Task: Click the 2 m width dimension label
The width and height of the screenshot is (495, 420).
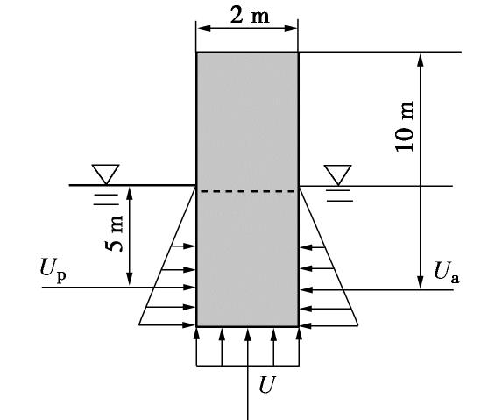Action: tap(250, 16)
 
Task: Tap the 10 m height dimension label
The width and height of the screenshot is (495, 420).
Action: tap(404, 126)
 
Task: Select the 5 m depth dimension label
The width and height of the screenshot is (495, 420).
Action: tap(114, 233)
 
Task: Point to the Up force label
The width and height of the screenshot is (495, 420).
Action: tap(53, 271)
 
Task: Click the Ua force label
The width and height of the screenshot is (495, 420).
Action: tap(447, 272)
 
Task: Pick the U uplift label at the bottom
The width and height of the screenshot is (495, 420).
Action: tap(267, 385)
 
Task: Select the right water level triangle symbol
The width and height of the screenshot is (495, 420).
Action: tap(338, 174)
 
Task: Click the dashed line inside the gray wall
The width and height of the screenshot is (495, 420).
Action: tap(248, 191)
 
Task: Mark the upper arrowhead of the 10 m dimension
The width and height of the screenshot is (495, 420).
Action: tap(421, 60)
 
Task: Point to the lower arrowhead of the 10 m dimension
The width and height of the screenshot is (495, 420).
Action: tap(421, 281)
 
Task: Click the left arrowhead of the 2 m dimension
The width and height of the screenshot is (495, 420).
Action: tap(204, 28)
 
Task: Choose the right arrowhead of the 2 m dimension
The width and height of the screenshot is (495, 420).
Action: tap(291, 28)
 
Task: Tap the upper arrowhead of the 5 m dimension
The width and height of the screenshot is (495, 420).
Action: tap(130, 193)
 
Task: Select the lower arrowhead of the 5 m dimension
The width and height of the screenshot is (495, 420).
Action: tap(130, 279)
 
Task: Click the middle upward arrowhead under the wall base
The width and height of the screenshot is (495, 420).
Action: tap(248, 334)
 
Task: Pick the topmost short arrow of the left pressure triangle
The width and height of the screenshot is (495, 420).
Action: tap(183, 246)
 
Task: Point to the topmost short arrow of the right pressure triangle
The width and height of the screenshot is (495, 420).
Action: tap(312, 247)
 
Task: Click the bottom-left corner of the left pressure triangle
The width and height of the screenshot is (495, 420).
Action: tap(139, 324)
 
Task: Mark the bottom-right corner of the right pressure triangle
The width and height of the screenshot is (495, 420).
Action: tap(358, 325)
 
